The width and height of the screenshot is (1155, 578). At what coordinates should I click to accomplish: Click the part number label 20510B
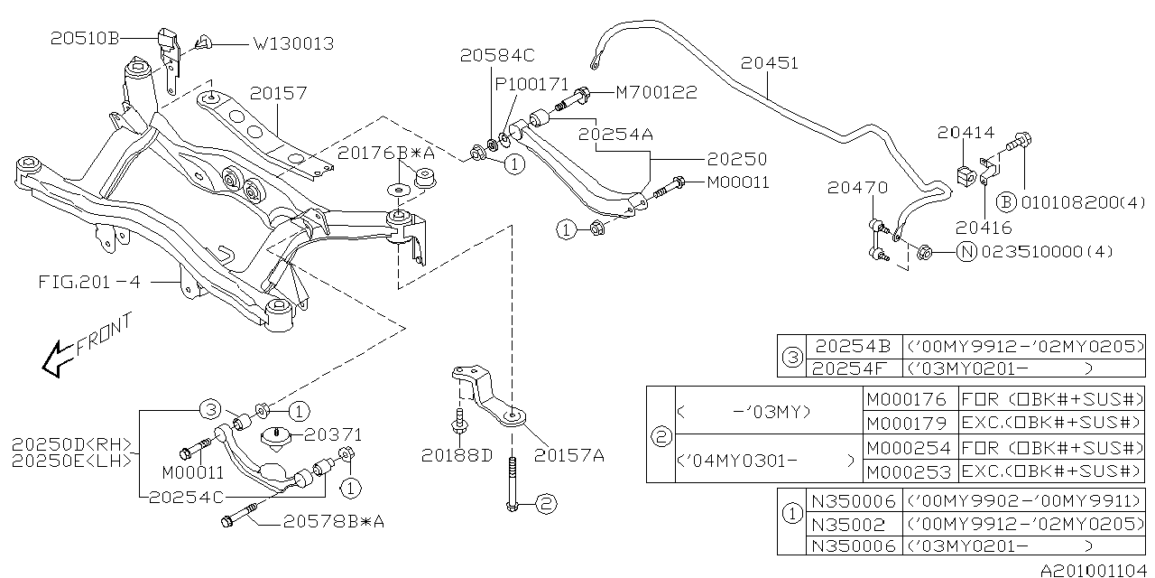[87, 39]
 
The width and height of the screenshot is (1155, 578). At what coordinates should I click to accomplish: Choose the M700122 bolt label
[656, 92]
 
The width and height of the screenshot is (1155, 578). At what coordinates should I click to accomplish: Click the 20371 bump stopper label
[332, 434]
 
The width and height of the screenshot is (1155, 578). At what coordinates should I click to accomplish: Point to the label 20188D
[457, 455]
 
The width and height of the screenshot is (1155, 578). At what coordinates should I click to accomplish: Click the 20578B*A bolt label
[333, 521]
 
